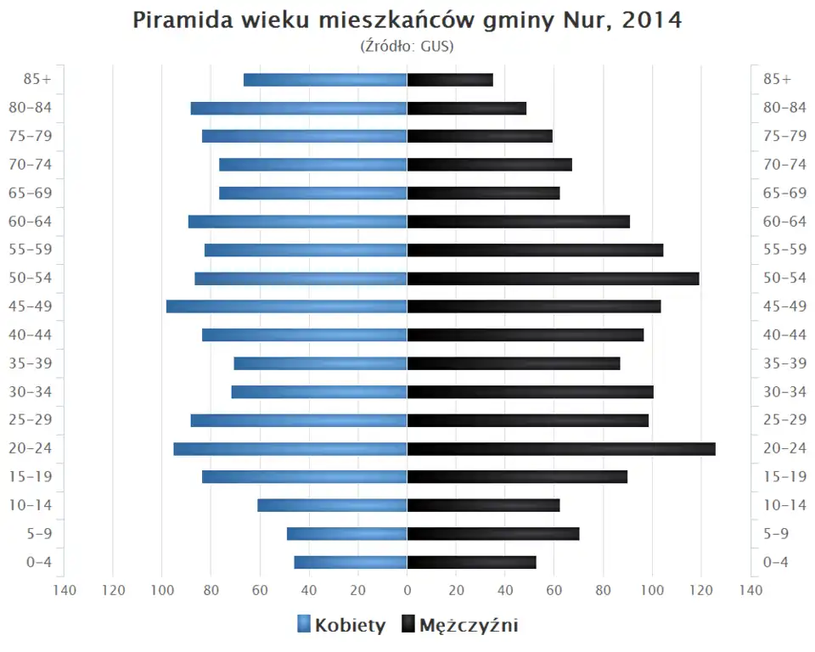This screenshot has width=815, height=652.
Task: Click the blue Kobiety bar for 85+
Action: [x=325, y=80]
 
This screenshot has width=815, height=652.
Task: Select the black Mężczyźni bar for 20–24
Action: [x=560, y=449]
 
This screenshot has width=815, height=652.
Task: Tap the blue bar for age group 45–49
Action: [x=287, y=306]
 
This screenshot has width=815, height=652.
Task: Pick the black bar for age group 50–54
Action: [x=553, y=278]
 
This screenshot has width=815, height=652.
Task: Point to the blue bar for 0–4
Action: [x=351, y=562]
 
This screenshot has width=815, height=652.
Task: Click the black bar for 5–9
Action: [x=493, y=534]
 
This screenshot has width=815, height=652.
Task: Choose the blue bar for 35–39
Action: [x=320, y=363]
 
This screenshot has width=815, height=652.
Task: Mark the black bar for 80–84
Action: [x=467, y=108]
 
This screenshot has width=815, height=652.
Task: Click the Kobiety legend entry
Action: [x=341, y=626]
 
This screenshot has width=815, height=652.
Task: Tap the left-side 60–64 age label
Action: [x=32, y=222]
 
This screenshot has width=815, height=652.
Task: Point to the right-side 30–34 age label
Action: [x=784, y=391]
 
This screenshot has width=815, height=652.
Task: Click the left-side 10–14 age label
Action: [x=32, y=505]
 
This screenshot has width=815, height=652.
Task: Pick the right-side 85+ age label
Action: [x=777, y=79]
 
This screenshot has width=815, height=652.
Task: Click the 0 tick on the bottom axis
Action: [x=407, y=590]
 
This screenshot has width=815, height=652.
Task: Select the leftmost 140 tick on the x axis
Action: [x=65, y=590]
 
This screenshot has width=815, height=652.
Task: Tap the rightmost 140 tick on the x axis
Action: [x=750, y=590]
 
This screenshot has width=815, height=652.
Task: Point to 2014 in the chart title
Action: [x=652, y=20]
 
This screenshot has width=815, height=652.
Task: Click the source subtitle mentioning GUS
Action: [x=407, y=46]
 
